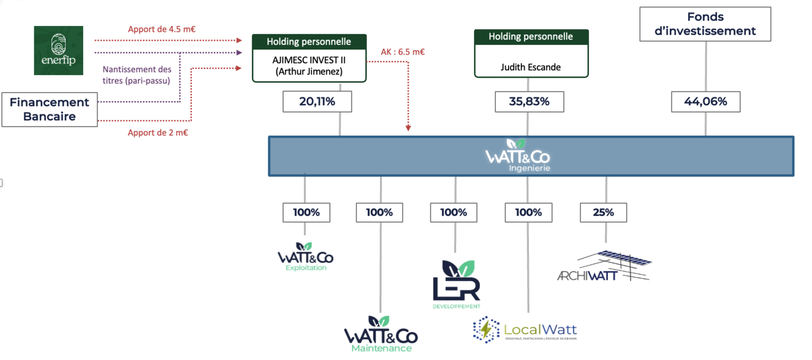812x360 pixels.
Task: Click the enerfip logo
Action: (58, 50)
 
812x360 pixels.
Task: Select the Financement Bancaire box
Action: (50, 110)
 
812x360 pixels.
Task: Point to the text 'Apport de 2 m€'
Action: (158, 132)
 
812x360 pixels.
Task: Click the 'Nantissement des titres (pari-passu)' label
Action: (137, 75)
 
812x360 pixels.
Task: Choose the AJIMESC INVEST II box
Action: (309, 65)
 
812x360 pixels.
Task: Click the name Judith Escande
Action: (531, 67)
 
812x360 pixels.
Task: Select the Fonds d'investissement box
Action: (705, 24)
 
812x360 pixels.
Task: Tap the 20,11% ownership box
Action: (317, 101)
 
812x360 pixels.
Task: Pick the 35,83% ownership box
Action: (528, 101)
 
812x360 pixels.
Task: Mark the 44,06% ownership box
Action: (706, 101)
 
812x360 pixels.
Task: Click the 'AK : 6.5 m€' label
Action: (403, 52)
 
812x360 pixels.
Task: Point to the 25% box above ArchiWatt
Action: (603, 212)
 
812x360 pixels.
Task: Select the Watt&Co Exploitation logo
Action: (306, 257)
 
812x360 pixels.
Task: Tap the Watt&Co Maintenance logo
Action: (381, 334)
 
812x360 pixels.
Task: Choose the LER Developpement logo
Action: (456, 284)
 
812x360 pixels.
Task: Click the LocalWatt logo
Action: (525, 330)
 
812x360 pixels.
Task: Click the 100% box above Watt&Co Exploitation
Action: (306, 212)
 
